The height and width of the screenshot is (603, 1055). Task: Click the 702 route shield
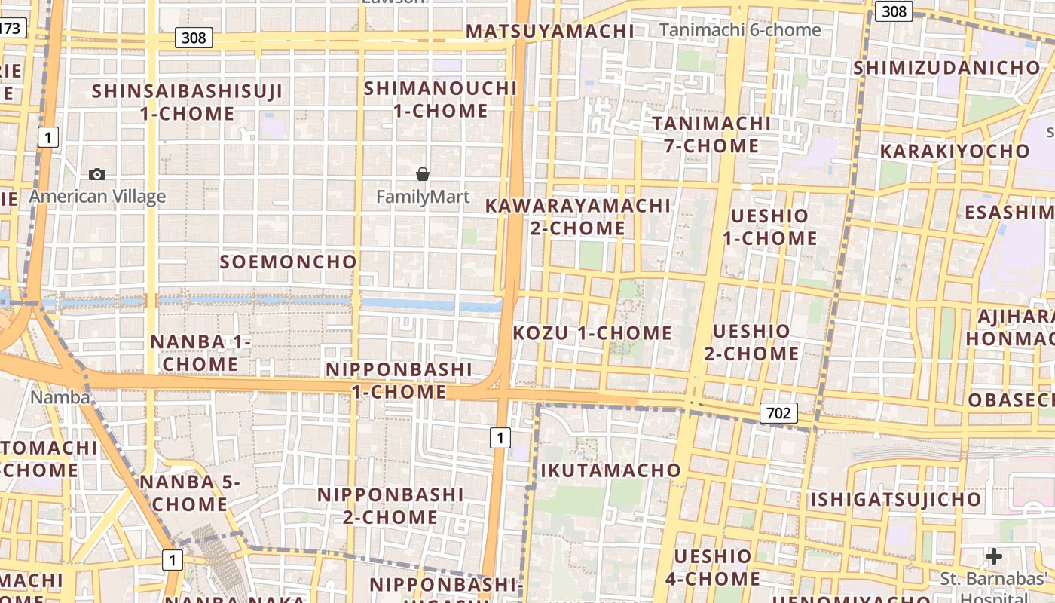tap(778, 413)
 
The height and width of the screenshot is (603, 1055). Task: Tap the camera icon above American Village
tap(97, 175)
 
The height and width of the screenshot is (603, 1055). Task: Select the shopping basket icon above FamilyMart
tap(423, 175)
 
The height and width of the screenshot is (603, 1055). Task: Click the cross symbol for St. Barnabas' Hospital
tap(994, 557)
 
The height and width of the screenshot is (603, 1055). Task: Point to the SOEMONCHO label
tap(288, 262)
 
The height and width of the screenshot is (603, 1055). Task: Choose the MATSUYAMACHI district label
tap(550, 31)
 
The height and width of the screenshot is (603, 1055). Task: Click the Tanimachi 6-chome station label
tap(740, 30)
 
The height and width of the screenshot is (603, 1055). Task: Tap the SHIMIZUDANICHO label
tap(946, 68)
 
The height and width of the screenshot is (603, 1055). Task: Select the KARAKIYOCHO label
tap(955, 151)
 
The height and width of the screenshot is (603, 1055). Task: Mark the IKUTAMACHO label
tap(611, 471)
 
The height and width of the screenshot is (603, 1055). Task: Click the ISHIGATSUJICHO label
tap(896, 499)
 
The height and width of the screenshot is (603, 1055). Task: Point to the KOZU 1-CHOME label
tap(592, 333)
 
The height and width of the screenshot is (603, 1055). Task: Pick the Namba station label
tap(60, 396)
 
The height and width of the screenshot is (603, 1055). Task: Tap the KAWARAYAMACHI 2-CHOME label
tap(578, 216)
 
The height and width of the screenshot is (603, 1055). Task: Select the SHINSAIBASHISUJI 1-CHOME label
tap(188, 103)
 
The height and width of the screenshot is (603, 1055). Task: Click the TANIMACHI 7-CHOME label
tap(711, 134)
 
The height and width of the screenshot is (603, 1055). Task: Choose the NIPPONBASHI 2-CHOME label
tap(390, 506)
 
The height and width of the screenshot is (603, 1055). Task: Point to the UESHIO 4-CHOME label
tap(713, 568)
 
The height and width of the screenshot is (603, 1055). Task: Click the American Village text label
tap(97, 197)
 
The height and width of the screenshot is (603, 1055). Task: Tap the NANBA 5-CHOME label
tap(190, 493)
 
